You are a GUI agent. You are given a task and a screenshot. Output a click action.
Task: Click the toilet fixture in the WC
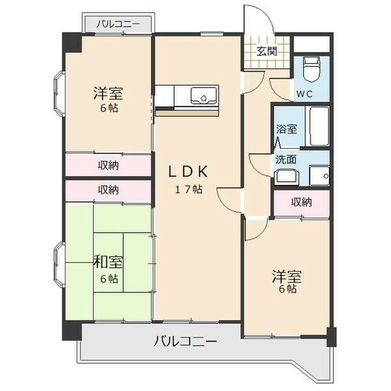pyautogui.click(x=311, y=69)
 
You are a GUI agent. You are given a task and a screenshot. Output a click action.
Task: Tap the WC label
pyautogui.click(x=304, y=94)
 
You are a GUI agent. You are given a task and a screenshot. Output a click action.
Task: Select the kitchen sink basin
pyautogui.click(x=203, y=96)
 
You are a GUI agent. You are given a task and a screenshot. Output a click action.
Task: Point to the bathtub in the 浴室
pyautogui.click(x=319, y=126)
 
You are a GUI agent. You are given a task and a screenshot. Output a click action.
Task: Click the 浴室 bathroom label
pyautogui.click(x=287, y=129)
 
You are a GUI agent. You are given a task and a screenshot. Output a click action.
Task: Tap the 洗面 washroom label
pyautogui.click(x=286, y=160)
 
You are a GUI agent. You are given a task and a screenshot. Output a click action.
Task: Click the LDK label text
pyautogui.click(x=188, y=172)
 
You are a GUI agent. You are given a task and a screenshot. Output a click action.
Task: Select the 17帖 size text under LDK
pyautogui.click(x=188, y=190)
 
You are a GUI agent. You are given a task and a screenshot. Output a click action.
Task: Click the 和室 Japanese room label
pyautogui.click(x=108, y=263)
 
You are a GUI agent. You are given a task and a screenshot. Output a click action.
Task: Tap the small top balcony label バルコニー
pyautogui.click(x=118, y=24)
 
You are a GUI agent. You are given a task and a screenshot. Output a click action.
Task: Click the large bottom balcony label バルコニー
pyautogui.click(x=185, y=341)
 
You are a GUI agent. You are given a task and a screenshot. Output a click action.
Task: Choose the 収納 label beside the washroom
pyautogui.click(x=302, y=202)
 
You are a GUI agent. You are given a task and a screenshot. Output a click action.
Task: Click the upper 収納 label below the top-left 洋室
pyautogui.click(x=108, y=166)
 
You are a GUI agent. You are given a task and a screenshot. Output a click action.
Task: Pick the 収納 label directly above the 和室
pyautogui.click(x=108, y=190)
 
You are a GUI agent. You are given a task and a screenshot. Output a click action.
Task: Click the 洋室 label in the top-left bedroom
pyautogui.click(x=108, y=93)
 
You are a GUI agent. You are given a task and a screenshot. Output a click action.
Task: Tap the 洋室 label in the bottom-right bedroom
pyautogui.click(x=287, y=276)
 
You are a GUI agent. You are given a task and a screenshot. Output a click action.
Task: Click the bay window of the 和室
pyautogui.click(x=59, y=265)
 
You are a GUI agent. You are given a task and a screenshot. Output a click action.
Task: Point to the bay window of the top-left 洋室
pyautogui.click(x=59, y=94)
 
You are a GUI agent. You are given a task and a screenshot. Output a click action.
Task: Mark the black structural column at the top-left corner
pyautogui.click(x=72, y=42)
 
